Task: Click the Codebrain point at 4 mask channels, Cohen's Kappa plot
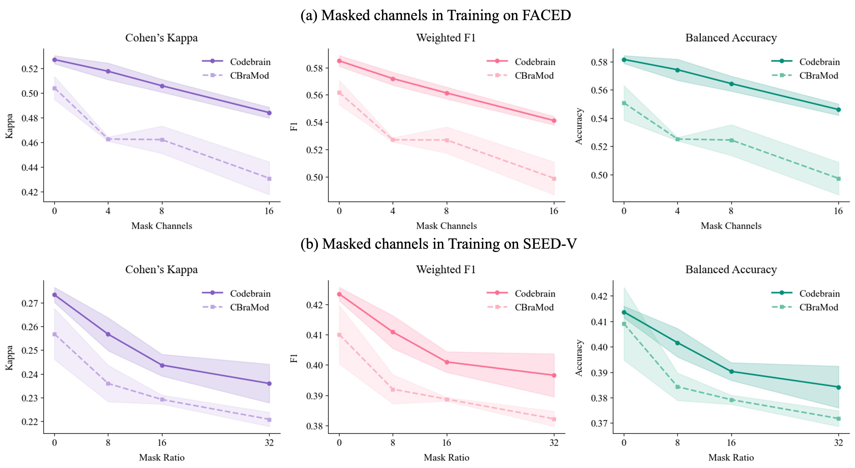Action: (x=108, y=72)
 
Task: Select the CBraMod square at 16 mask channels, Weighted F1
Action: (x=554, y=179)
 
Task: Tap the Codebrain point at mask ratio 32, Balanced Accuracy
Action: (x=839, y=387)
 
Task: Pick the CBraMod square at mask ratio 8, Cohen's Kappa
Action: (x=108, y=384)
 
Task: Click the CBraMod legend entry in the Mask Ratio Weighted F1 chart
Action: (x=534, y=307)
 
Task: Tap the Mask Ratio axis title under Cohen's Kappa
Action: (x=162, y=457)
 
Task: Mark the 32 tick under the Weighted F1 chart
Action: (x=554, y=442)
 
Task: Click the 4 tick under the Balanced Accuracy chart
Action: (x=678, y=211)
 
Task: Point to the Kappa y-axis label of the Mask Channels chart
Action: (x=9, y=126)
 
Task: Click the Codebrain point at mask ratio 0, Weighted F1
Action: (x=339, y=294)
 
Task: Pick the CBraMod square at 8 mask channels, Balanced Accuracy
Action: (x=731, y=140)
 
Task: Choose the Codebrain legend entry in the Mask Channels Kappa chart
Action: (x=250, y=62)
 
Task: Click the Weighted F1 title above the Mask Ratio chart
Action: (x=446, y=269)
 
